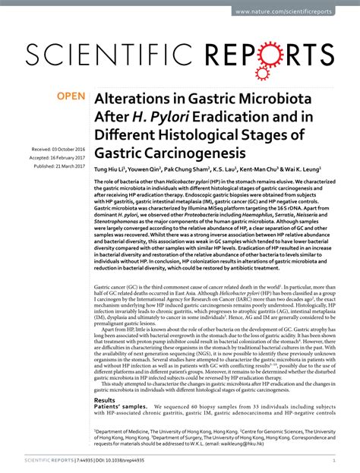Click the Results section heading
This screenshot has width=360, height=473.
[104, 399]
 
